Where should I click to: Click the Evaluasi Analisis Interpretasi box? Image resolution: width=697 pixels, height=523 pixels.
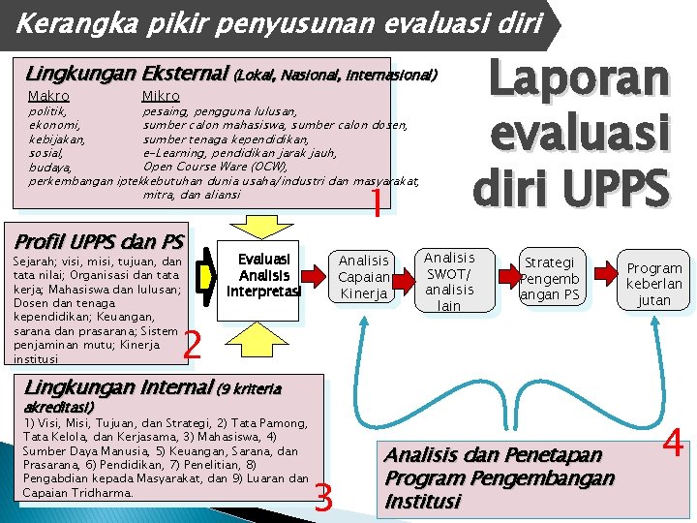coord(263,274)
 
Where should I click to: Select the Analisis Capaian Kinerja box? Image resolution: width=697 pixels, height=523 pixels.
coord(364,277)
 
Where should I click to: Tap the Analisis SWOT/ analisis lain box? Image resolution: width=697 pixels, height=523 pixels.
coord(449,281)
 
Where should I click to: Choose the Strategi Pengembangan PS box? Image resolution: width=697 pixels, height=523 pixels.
coord(549,278)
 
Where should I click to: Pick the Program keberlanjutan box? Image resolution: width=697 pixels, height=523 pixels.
coord(653,284)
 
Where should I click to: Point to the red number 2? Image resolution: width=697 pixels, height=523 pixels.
coord(193,344)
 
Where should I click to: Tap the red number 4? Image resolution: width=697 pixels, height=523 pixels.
coord(674,446)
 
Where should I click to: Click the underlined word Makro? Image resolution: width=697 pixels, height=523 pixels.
coord(48,96)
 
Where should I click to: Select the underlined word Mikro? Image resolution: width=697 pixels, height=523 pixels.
coord(161,96)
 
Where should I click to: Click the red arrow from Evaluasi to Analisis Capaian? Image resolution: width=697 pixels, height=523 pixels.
coord(318,277)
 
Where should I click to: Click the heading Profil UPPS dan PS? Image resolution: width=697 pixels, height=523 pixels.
coord(95,240)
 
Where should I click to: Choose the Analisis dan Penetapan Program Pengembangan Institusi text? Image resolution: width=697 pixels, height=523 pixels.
coord(499,478)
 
